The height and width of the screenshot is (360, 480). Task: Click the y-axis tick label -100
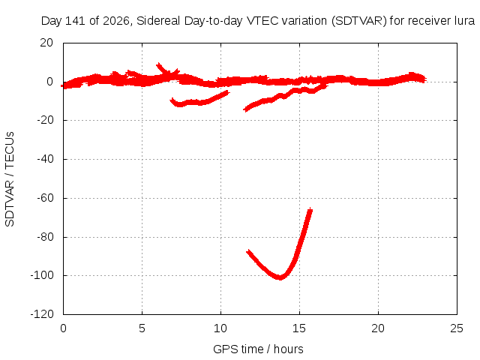pos(42,275)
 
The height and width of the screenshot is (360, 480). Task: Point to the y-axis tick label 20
pos(46,43)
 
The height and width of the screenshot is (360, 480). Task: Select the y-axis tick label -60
pos(45,198)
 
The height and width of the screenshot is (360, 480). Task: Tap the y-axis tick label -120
pos(42,314)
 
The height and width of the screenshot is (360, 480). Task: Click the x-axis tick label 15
pos(299,328)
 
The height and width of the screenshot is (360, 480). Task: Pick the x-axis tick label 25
pos(457,328)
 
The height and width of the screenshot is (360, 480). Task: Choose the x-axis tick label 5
pos(142,328)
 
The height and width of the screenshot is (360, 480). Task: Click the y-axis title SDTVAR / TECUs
pos(10,179)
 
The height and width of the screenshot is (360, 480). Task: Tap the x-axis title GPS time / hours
pos(258,349)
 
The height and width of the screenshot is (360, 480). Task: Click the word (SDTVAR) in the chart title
pos(358,21)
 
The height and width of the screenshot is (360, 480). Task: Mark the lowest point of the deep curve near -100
pos(280,277)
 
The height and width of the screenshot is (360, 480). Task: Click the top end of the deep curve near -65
pos(310,209)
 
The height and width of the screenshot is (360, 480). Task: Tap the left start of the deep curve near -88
pos(248,252)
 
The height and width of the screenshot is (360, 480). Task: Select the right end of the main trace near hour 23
pos(425,79)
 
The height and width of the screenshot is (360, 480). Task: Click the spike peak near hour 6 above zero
pos(158,64)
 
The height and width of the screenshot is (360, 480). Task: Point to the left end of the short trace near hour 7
pos(172,100)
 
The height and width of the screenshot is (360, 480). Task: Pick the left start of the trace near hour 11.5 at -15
pos(244,109)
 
